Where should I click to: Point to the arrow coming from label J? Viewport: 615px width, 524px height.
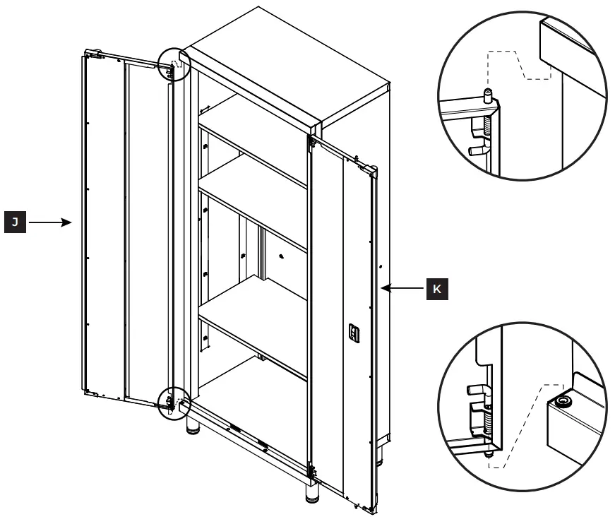point(51,222)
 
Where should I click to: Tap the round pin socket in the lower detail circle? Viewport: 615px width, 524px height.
point(563,403)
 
